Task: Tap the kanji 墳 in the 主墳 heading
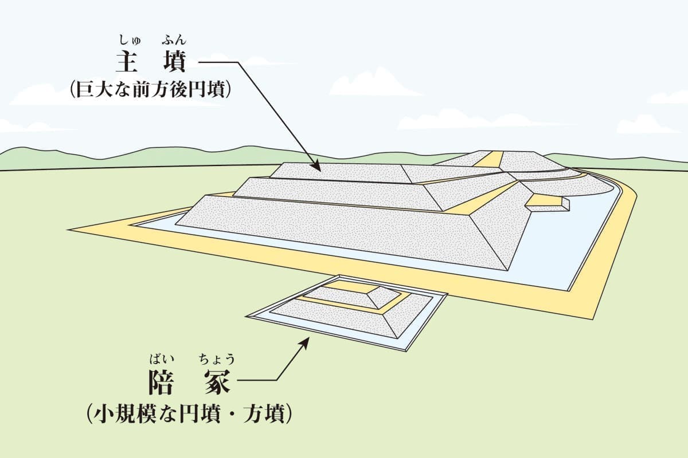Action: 174,61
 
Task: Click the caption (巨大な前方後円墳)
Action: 150,90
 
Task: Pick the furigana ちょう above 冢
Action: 216,360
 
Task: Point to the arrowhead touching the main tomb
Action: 316,167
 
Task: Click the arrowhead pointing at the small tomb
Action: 305,341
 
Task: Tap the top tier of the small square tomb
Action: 350,296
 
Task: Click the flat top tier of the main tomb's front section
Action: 338,171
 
